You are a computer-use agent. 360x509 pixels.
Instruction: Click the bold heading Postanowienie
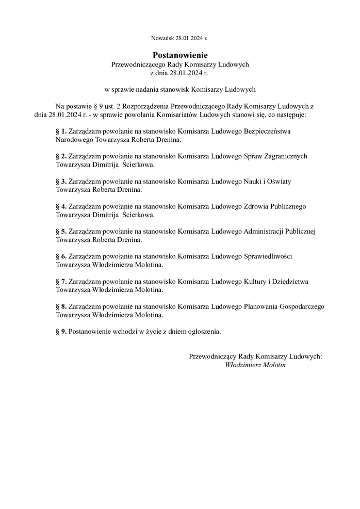[180, 55]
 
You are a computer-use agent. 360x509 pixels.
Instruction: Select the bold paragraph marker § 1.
[61, 132]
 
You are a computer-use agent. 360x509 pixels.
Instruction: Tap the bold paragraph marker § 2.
[61, 156]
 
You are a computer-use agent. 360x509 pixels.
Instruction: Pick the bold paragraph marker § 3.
[61, 182]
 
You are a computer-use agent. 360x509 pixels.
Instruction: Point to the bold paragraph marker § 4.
[61, 206]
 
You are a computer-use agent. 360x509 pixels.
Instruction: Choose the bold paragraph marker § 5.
[61, 232]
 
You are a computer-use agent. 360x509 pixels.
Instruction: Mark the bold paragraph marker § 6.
[61, 256]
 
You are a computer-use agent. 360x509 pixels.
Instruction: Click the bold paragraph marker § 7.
[61, 282]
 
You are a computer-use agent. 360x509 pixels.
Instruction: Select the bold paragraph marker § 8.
[61, 306]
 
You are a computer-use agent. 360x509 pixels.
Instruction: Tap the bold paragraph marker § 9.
[61, 332]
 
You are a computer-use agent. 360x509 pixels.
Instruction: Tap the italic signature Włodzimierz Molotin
[255, 365]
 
